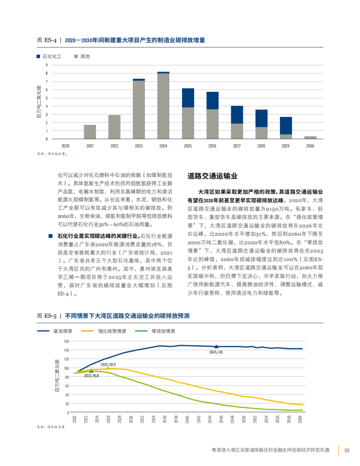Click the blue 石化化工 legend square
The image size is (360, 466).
coord(39,56)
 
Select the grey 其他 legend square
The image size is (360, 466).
coord(76,56)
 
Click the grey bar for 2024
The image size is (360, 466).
coord(163,106)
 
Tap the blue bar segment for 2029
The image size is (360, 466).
coord(286,126)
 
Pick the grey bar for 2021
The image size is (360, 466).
coord(90,132)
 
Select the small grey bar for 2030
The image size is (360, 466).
coord(310,137)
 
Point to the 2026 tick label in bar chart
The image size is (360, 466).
coord(212,146)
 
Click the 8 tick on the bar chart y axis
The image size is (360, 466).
coord(47,74)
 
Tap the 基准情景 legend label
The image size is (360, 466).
coord(62,331)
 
